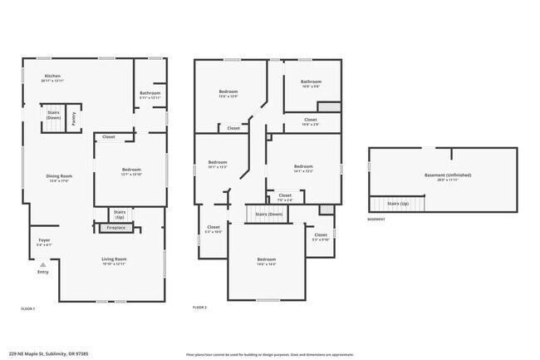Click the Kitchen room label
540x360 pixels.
click(x=52, y=76)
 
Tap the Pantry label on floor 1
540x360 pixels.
click(x=73, y=120)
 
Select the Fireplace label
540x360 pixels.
click(x=116, y=227)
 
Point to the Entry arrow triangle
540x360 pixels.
click(x=43, y=264)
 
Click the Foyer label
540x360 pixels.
click(x=44, y=240)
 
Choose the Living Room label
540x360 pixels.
click(x=114, y=259)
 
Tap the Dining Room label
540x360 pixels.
click(x=59, y=175)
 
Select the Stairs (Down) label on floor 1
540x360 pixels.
click(x=53, y=115)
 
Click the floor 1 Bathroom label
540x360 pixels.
click(x=150, y=93)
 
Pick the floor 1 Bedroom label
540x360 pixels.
click(x=131, y=170)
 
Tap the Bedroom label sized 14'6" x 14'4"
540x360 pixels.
click(x=266, y=260)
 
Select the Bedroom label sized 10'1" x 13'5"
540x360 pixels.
click(x=217, y=162)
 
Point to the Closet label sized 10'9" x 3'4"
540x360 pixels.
click(x=310, y=120)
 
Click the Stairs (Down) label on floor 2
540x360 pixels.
click(x=269, y=214)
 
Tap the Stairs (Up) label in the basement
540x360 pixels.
click(x=399, y=204)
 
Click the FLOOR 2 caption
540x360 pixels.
click(x=199, y=308)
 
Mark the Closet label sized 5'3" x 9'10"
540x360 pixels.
click(x=321, y=235)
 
